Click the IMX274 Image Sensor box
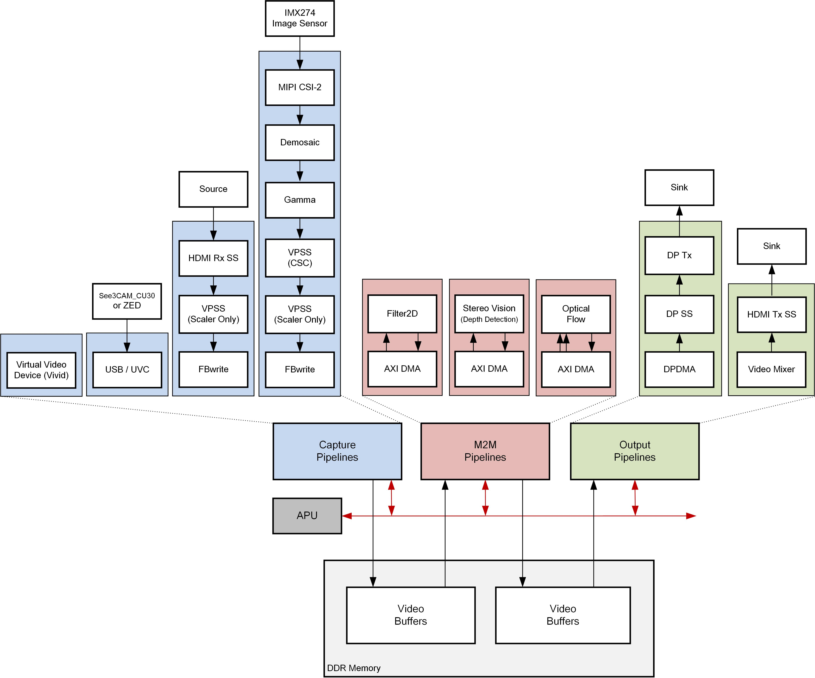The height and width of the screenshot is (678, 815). (x=300, y=18)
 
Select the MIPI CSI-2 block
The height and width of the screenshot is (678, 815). (x=300, y=87)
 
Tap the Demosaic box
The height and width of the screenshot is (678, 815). (x=300, y=142)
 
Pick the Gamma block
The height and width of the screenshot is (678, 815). (x=300, y=200)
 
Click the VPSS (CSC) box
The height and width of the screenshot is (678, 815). (x=300, y=258)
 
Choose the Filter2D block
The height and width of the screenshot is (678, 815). (x=402, y=313)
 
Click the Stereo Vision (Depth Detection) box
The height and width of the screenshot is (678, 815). (x=489, y=313)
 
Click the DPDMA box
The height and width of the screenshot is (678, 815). (x=679, y=369)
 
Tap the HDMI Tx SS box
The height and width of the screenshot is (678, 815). (x=772, y=314)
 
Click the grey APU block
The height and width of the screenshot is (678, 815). (x=307, y=515)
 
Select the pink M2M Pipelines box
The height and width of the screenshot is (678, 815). (x=485, y=451)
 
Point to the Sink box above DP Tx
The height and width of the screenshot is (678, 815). (x=679, y=187)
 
